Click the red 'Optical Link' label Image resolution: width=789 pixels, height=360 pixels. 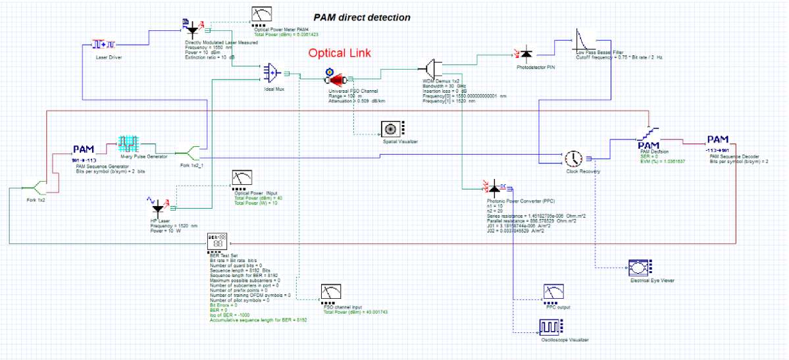tap(340, 53)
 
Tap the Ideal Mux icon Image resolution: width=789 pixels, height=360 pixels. tap(272, 72)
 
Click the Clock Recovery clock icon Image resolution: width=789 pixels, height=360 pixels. tap(573, 159)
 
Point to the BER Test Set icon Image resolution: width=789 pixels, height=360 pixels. tap(218, 242)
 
